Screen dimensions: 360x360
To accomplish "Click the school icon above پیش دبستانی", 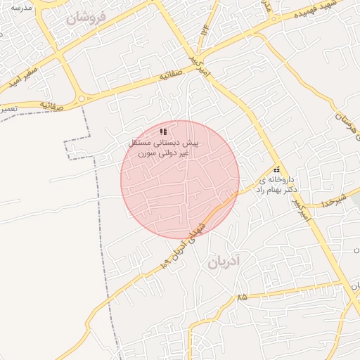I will click(163, 131).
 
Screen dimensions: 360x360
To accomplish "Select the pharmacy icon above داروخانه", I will click(276, 170).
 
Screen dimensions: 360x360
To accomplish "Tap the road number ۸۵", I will click(243, 297).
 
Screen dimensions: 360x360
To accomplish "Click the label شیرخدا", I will click(330, 200).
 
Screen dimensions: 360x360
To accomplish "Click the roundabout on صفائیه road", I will click(82, 99).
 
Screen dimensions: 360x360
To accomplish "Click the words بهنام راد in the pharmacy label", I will click(269, 190).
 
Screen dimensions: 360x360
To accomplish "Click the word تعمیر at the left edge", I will click(7, 110).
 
